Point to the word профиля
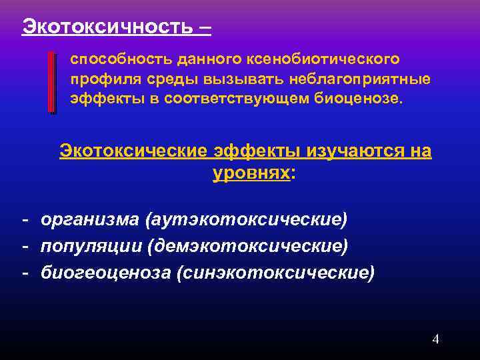(x=98, y=80)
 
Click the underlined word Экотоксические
(x=134, y=151)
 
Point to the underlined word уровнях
(x=251, y=173)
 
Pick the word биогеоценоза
(x=106, y=273)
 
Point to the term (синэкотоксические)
(x=275, y=273)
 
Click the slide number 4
(x=435, y=339)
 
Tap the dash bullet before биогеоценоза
(x=24, y=273)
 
